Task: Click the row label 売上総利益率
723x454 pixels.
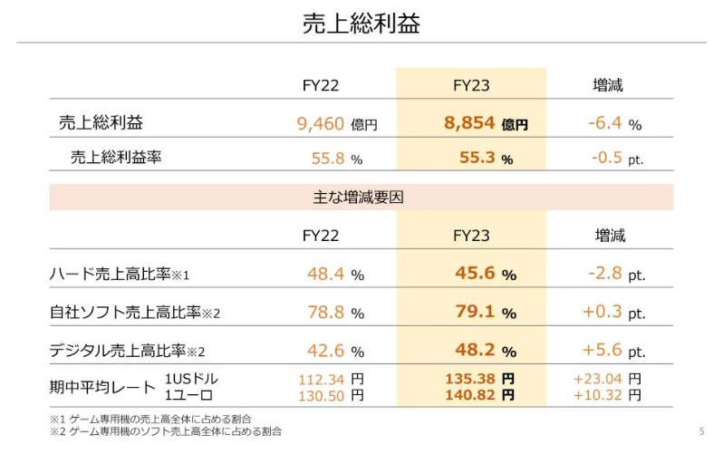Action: [x=116, y=158]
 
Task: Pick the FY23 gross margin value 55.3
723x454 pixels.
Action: [x=477, y=158]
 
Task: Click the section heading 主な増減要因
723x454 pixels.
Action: [x=361, y=197]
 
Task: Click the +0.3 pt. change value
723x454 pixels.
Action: [x=613, y=313]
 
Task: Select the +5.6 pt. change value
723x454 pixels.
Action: [x=613, y=351]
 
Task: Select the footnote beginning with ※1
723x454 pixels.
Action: [x=150, y=419]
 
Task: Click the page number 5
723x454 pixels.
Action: [x=701, y=430]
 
